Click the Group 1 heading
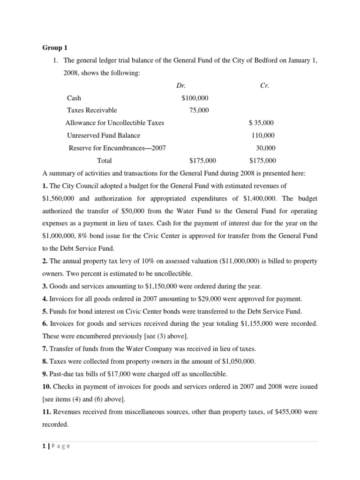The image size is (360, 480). tap(55, 47)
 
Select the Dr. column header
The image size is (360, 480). tap(181, 86)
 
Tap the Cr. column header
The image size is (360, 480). tap(264, 86)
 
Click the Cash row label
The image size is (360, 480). tap(74, 98)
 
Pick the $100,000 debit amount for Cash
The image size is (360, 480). tap(195, 98)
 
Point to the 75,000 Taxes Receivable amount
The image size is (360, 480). tap(199, 111)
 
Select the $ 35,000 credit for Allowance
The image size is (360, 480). tap(262, 123)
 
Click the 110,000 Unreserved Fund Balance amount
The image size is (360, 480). tap(263, 135)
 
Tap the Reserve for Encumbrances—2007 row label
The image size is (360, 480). tap(117, 148)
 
